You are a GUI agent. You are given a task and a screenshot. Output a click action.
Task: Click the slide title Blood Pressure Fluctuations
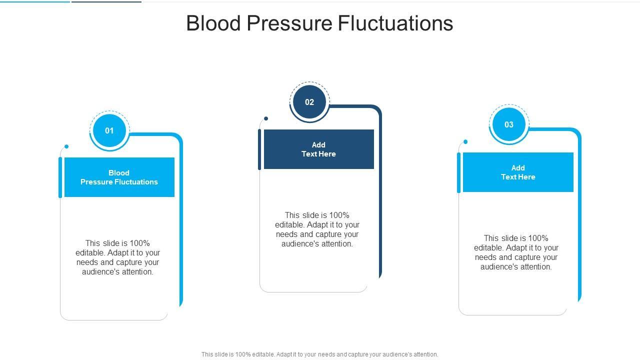coord(319,23)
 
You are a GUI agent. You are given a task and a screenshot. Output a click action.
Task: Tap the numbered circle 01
coord(109,130)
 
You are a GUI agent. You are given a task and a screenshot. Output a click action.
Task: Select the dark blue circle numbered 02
coord(309,102)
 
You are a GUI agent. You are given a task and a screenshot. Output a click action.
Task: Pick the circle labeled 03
coord(508,124)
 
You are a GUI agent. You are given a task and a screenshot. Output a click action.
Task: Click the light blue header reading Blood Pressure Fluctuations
coord(119,177)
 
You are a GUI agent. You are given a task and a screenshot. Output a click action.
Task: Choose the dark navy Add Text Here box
coord(319,149)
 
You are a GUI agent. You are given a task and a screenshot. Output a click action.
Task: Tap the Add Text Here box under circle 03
coord(518,172)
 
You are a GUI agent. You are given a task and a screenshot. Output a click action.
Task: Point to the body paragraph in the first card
coord(117,257)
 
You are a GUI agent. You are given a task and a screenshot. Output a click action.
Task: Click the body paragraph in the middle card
coord(317,229)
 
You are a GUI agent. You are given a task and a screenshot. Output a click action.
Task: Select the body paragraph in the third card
coord(516,252)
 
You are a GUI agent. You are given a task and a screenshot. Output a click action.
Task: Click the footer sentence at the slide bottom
coord(319,354)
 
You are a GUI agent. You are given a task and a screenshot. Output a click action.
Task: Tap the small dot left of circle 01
coord(66,146)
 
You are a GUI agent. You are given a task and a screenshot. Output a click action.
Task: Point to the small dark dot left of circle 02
coord(266,118)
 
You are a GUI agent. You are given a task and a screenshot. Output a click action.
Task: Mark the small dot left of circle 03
coord(465,141)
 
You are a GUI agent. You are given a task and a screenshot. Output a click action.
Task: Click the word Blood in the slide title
coord(213,23)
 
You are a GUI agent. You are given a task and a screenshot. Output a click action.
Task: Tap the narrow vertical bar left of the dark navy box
coord(259,149)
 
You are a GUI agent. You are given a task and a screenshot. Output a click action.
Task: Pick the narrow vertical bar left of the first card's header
coord(60,177)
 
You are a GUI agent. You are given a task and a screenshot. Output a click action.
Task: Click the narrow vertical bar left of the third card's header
coord(458,172)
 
